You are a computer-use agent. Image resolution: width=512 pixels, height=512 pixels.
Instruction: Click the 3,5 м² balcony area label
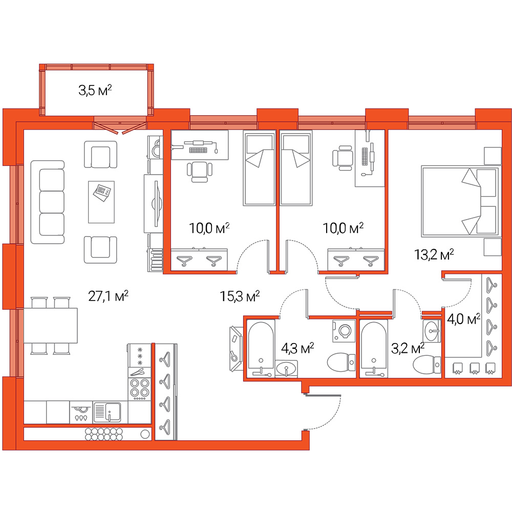click(95, 90)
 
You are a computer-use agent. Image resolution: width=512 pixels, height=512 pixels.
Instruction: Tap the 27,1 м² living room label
click(108, 296)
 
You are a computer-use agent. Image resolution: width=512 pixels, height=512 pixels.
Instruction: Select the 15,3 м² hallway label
click(240, 296)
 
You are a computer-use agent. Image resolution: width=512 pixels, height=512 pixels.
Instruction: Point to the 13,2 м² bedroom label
click(434, 254)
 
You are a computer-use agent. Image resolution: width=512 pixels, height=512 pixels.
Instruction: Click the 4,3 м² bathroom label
click(297, 348)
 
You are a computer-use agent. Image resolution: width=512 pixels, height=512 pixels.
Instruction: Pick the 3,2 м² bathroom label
click(408, 348)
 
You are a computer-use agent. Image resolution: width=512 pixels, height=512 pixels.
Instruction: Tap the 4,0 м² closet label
click(464, 318)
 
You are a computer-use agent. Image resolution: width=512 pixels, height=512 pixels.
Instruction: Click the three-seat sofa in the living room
click(48, 202)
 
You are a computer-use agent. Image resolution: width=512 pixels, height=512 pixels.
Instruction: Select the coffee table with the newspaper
click(101, 202)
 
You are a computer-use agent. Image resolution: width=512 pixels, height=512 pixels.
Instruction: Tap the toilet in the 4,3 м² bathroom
click(341, 362)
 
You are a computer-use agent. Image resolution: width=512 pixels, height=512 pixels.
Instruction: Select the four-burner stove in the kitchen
click(140, 389)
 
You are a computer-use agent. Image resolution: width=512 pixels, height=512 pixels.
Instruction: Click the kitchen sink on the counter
click(108, 412)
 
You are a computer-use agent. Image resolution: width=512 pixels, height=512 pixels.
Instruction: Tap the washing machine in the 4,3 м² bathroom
click(344, 331)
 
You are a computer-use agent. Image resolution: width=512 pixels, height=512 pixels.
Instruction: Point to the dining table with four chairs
click(51, 326)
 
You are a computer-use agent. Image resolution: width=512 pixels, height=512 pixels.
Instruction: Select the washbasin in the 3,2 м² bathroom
click(432, 331)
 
